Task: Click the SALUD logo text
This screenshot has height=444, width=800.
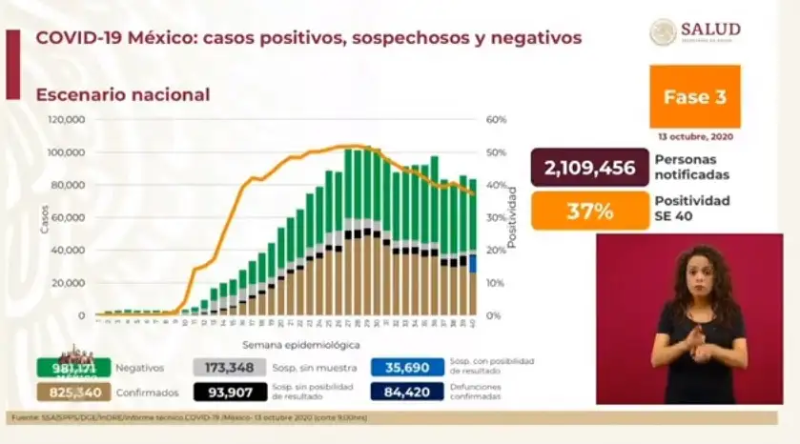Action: pos(710,30)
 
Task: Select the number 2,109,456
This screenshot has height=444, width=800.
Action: pos(589,169)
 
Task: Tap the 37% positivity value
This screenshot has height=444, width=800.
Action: pos(589,211)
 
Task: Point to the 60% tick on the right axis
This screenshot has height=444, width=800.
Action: pos(496,120)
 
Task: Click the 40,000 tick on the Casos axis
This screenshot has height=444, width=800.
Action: pos(69,251)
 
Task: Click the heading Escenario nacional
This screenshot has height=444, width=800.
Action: pos(123,94)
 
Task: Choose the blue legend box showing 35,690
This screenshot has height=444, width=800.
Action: pos(408,367)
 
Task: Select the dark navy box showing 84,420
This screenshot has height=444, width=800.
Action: pos(408,392)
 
